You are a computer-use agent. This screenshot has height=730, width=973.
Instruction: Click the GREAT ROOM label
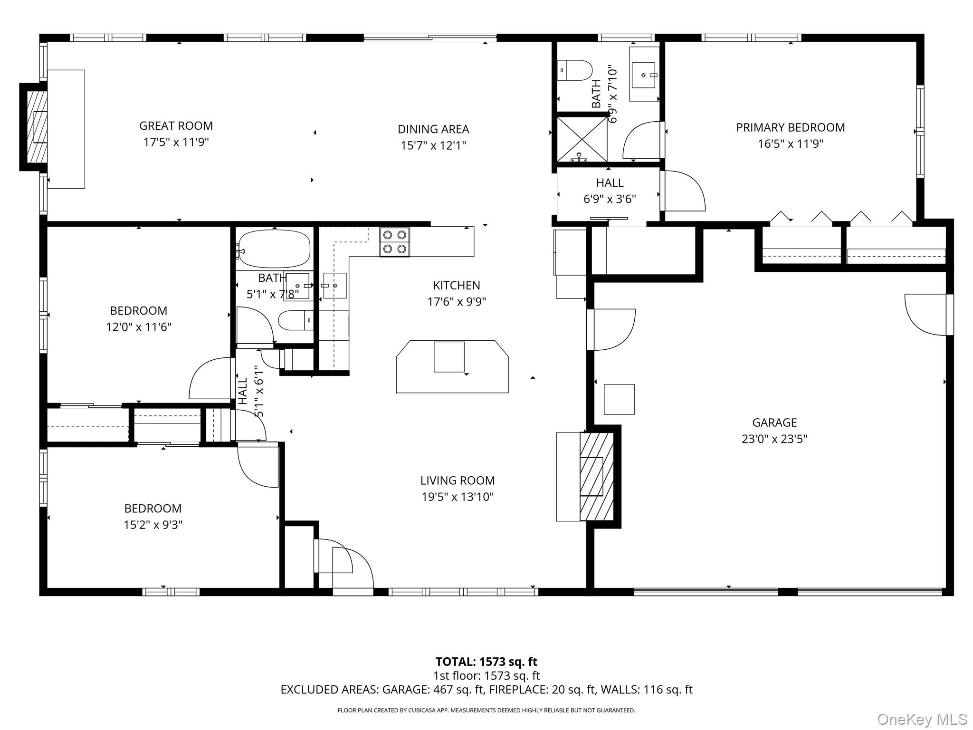click(176, 126)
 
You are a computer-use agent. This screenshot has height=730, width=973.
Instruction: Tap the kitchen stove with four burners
click(394, 242)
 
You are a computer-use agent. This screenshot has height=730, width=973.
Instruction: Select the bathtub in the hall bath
click(274, 249)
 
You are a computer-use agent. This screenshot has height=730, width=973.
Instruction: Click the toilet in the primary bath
click(574, 70)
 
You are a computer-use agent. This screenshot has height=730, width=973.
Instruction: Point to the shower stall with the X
click(582, 140)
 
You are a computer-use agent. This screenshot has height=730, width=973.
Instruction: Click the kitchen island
click(452, 366)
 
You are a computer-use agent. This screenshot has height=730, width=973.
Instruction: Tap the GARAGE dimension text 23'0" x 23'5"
click(774, 439)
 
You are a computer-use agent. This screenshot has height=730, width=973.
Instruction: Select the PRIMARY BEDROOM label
click(790, 127)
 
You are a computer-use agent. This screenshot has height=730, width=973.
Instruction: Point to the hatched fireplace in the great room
click(37, 126)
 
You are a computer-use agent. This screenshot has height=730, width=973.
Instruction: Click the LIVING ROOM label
click(457, 480)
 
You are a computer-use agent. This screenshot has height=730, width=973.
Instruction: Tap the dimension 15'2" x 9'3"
click(153, 525)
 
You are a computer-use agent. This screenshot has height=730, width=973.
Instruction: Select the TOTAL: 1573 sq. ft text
click(486, 662)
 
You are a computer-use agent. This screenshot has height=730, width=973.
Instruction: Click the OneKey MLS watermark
click(922, 720)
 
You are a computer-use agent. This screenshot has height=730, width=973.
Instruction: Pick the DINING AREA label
click(433, 129)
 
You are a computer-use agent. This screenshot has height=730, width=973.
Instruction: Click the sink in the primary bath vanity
click(644, 75)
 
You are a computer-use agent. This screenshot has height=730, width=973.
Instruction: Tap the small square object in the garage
click(619, 399)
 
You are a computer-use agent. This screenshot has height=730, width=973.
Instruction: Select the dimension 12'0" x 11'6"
click(138, 327)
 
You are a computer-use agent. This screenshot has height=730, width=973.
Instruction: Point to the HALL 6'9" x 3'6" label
click(610, 191)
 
